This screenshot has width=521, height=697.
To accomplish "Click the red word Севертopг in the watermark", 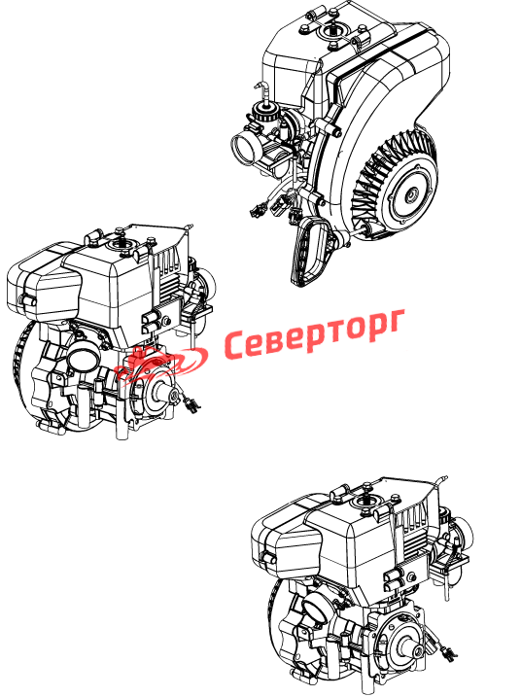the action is pyautogui.click(x=314, y=335).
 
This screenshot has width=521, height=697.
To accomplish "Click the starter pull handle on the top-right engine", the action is pyautogui.click(x=310, y=252).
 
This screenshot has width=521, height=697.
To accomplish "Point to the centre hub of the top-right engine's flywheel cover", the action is pyautogui.click(x=412, y=193).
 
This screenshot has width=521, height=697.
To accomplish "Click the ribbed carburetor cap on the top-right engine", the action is pyautogui.click(x=264, y=112).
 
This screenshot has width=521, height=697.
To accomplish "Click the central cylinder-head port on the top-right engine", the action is pyautogui.click(x=332, y=32).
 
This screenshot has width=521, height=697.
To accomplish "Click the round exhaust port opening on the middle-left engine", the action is pyautogui.click(x=83, y=357).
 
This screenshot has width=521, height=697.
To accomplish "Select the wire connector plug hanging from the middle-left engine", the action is pyautogui.click(x=191, y=403).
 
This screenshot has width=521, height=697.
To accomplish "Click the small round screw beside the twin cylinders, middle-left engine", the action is pyautogui.click(x=167, y=321).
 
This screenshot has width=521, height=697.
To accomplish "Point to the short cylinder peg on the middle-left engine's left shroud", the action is pyautogui.click(x=26, y=300).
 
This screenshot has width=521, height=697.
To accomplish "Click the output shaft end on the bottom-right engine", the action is pyautogui.click(x=417, y=651).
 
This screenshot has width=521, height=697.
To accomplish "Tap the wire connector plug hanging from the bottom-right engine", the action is pyautogui.click(x=448, y=651).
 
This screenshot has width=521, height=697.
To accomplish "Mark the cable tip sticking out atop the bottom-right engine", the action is pyautogui.click(x=443, y=480).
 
